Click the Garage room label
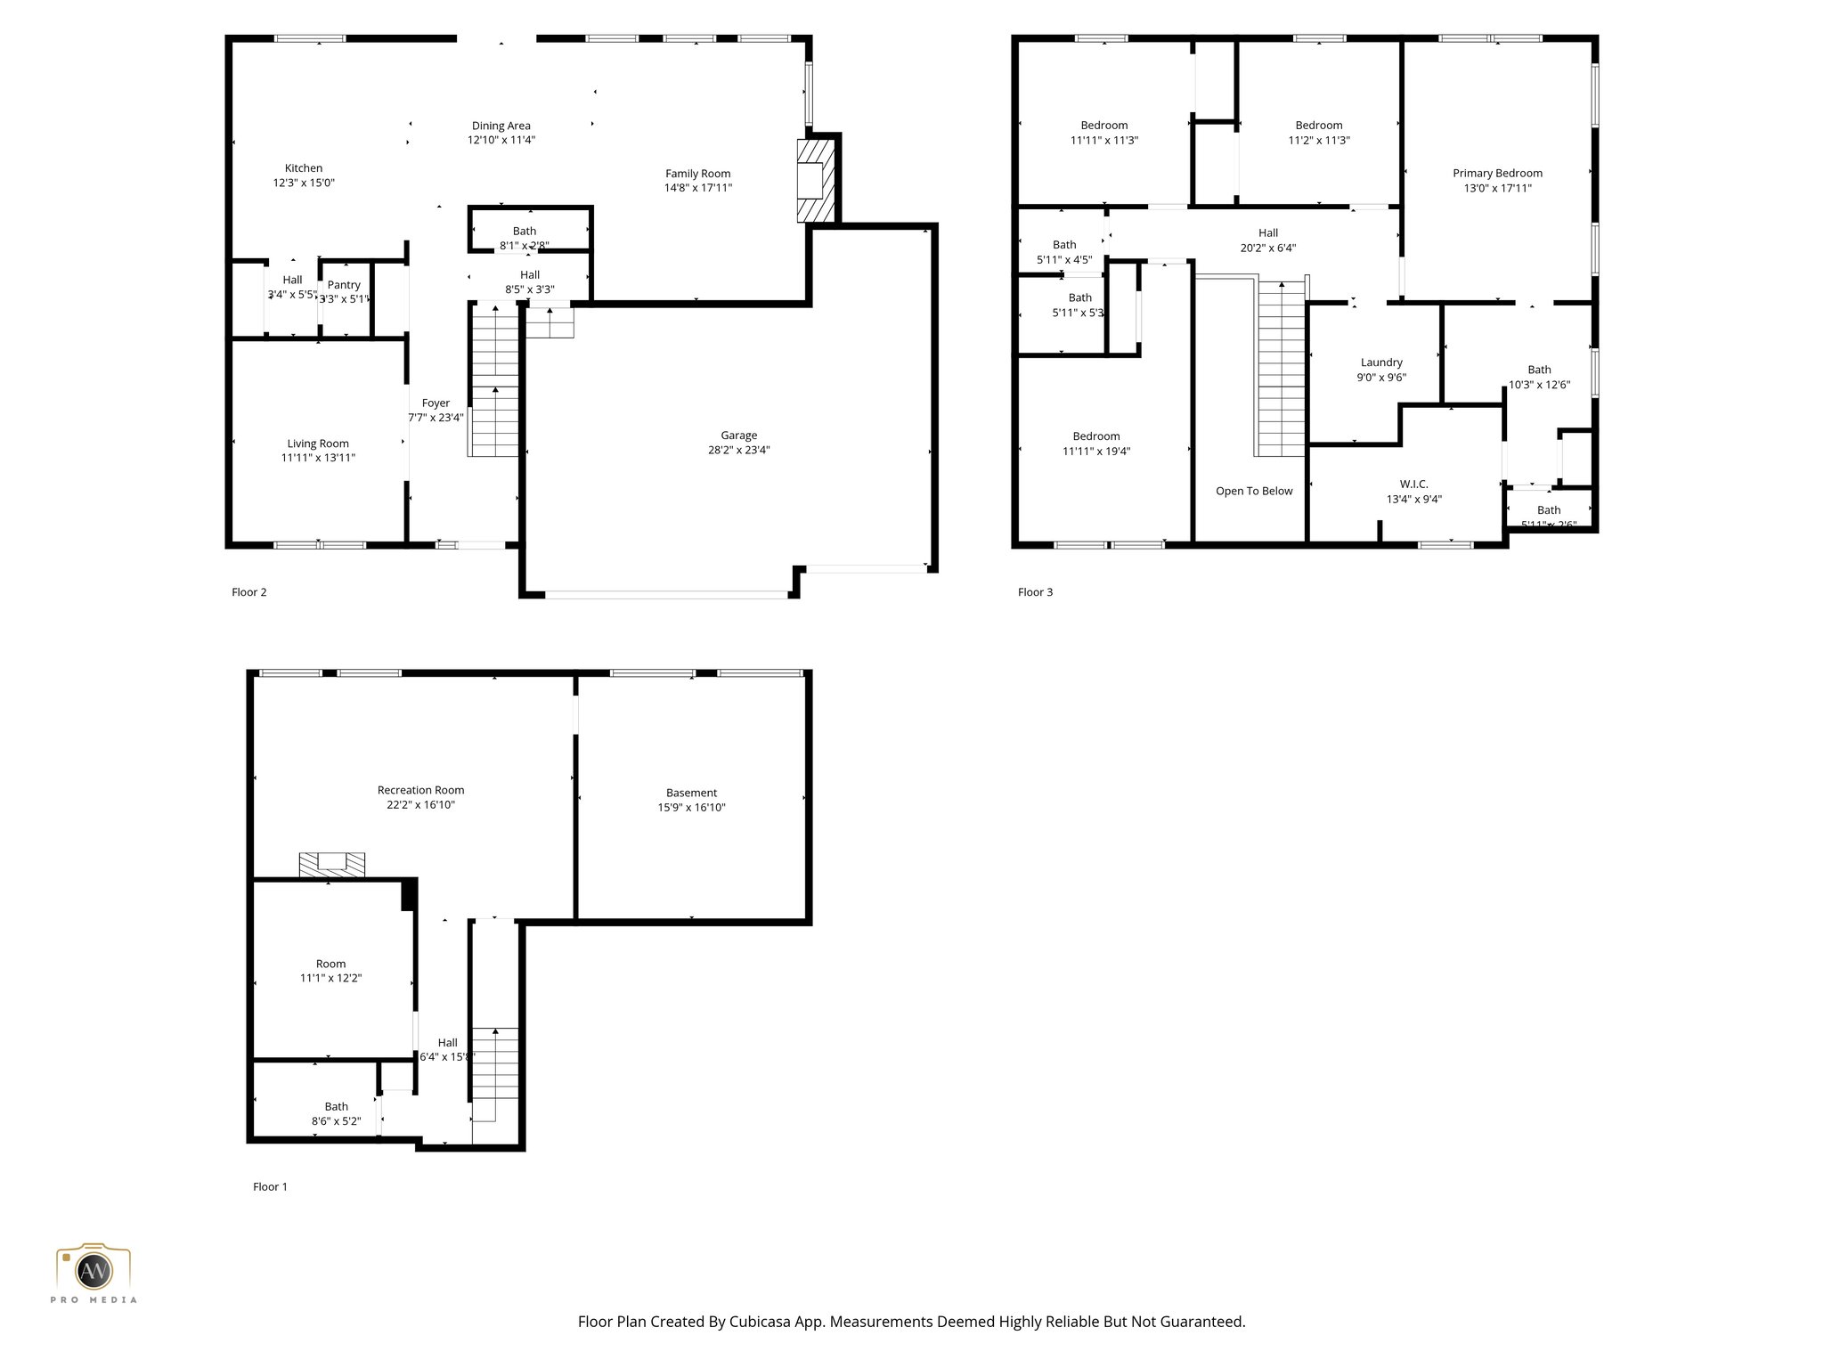(x=738, y=435)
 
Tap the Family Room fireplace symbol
(x=814, y=181)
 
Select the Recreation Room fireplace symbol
(x=331, y=862)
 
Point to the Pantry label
(x=344, y=285)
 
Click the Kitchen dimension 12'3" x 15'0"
(x=304, y=183)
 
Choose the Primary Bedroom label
(x=1497, y=173)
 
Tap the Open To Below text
(x=1254, y=491)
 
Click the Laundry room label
(x=1381, y=362)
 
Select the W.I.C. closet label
(x=1413, y=484)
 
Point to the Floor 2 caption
(x=249, y=592)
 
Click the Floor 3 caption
(x=1035, y=592)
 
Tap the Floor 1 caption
(x=270, y=1186)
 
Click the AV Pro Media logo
(x=94, y=1272)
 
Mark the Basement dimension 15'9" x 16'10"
(x=691, y=808)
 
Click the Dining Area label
(x=501, y=126)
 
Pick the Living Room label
(x=318, y=444)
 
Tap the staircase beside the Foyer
(x=494, y=383)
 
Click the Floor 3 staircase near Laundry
(x=1282, y=370)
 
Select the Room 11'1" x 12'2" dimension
(x=330, y=978)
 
